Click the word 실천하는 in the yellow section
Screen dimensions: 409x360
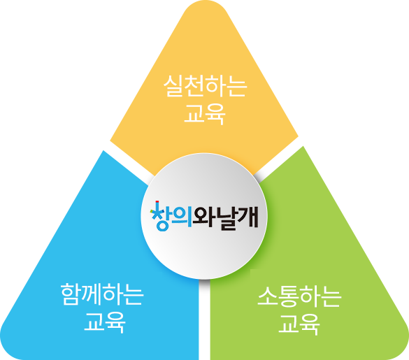point(205,86)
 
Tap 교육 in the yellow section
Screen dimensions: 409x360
point(205,114)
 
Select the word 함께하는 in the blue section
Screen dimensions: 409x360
point(102,294)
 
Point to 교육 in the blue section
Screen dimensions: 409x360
point(105,322)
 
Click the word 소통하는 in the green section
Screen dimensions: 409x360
point(299,296)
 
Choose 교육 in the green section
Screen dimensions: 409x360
point(299,324)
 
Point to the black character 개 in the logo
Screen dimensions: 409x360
point(247,217)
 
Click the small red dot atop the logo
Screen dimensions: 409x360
point(157,201)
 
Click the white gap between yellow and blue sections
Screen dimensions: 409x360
point(129,160)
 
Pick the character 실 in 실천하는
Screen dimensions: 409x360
point(173,86)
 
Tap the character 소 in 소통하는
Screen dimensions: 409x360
point(268,296)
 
